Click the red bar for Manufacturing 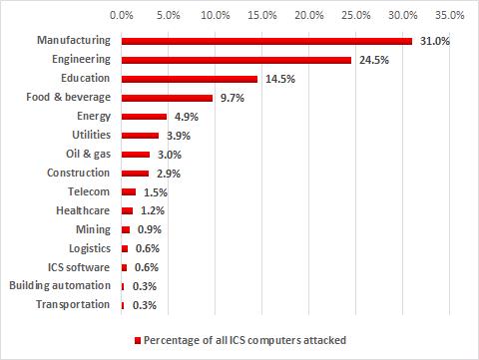(265, 41)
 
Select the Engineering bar (236, 60)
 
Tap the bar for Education (189, 79)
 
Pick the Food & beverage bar (167, 98)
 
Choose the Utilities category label (93, 136)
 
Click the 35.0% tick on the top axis (449, 16)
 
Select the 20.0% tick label (308, 16)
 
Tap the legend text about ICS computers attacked (244, 340)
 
